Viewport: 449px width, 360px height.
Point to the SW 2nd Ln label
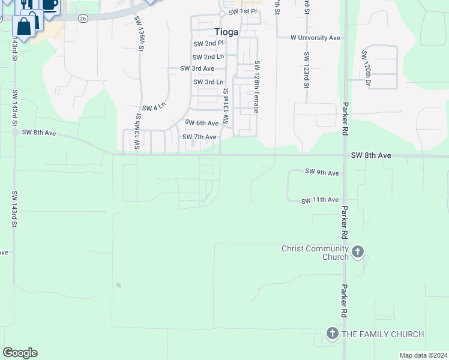[208, 56]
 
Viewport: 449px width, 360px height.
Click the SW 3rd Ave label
[197, 68]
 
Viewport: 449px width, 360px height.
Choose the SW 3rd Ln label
[208, 82]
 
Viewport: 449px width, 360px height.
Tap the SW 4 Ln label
[154, 108]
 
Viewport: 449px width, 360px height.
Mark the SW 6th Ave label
[202, 123]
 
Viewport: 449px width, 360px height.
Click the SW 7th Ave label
[199, 137]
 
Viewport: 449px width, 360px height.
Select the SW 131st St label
[226, 106]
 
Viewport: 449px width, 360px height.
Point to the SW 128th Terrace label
[256, 87]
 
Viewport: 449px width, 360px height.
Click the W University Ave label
[315, 38]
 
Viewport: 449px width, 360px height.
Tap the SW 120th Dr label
[364, 68]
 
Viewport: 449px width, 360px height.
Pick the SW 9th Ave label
[322, 173]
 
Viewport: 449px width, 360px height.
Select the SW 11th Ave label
[320, 200]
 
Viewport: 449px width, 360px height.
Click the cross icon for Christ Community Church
[358, 252]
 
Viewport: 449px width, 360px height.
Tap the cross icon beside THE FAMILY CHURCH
[333, 334]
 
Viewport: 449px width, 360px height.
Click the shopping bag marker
[24, 26]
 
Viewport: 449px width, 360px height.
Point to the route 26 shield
[83, 19]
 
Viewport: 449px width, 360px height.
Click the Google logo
[20, 353]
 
